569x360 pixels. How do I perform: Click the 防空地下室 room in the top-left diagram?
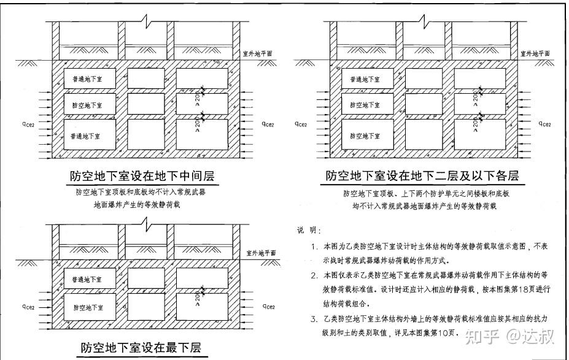pyautogui.click(x=87, y=105)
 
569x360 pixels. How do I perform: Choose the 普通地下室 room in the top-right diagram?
pyautogui.click(x=365, y=79)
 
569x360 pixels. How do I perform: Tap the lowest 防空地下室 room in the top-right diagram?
pyautogui.click(x=365, y=134)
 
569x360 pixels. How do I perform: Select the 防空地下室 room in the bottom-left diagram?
pyautogui.click(x=87, y=306)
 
